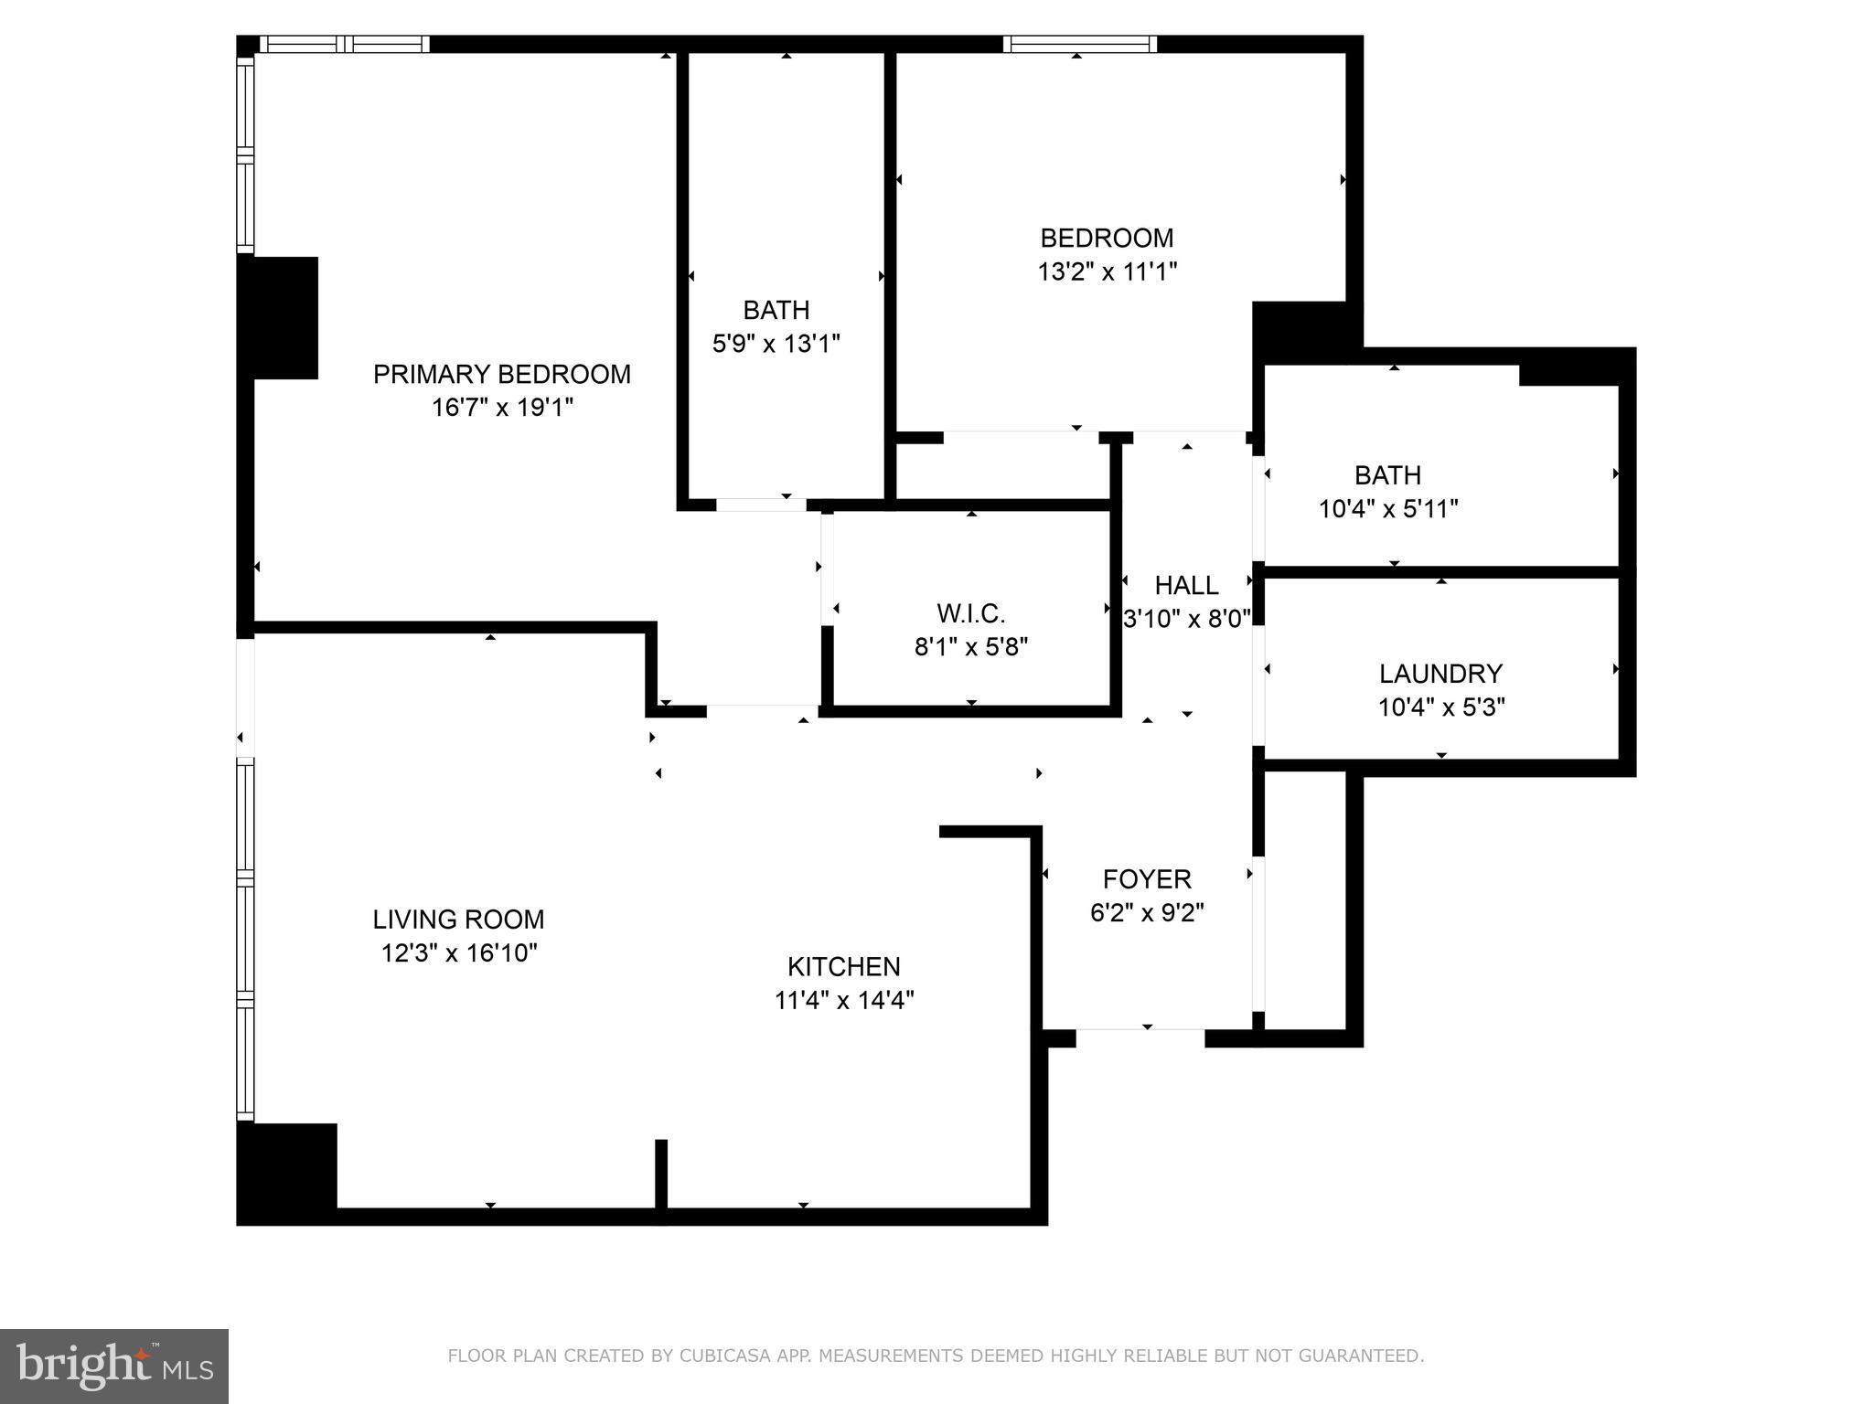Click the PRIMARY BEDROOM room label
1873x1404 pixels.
pyautogui.click(x=501, y=374)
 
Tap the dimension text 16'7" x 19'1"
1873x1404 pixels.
pyautogui.click(x=501, y=408)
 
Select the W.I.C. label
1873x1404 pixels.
pyautogui.click(x=970, y=613)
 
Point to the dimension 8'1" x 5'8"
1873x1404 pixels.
pyautogui.click(x=970, y=647)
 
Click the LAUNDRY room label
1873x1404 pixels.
pyautogui.click(x=1440, y=674)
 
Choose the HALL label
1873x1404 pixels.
pyautogui.click(x=1186, y=585)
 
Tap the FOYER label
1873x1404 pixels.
pyautogui.click(x=1147, y=879)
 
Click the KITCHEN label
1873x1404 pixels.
pyautogui.click(x=843, y=966)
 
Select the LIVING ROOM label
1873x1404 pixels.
pyautogui.click(x=458, y=919)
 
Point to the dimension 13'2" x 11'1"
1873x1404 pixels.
pyautogui.click(x=1107, y=271)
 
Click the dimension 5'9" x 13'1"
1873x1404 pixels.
pyautogui.click(x=776, y=344)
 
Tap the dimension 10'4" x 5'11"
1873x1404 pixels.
pyautogui.click(x=1387, y=509)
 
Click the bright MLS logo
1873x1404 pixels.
pyautogui.click(x=113, y=1366)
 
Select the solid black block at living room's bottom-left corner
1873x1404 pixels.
pyautogui.click(x=286, y=1173)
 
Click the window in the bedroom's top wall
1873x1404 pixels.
pyautogui.click(x=1079, y=44)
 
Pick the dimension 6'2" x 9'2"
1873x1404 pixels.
pyautogui.click(x=1147, y=913)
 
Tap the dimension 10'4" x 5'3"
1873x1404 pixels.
pyautogui.click(x=1440, y=707)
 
